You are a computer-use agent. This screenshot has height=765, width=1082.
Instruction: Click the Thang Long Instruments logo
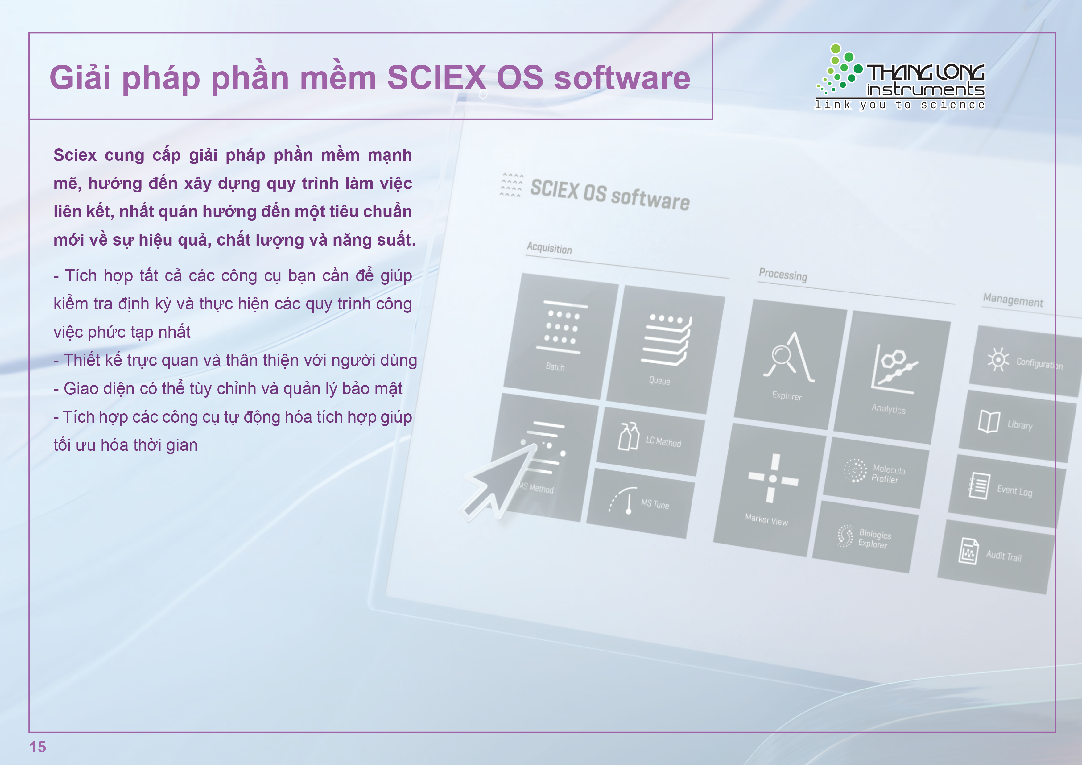pos(900,77)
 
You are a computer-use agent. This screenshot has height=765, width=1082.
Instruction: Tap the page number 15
pos(38,746)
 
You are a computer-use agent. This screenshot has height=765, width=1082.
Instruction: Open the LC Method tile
pos(650,441)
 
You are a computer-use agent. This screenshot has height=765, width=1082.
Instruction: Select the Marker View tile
pos(770,490)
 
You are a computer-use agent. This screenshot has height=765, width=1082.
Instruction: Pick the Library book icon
pos(989,421)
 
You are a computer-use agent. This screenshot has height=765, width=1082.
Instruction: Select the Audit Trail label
pos(1004,556)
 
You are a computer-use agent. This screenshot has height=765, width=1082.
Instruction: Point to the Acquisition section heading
pos(550,248)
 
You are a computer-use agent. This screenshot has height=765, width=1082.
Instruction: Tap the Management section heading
pos(1013,300)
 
